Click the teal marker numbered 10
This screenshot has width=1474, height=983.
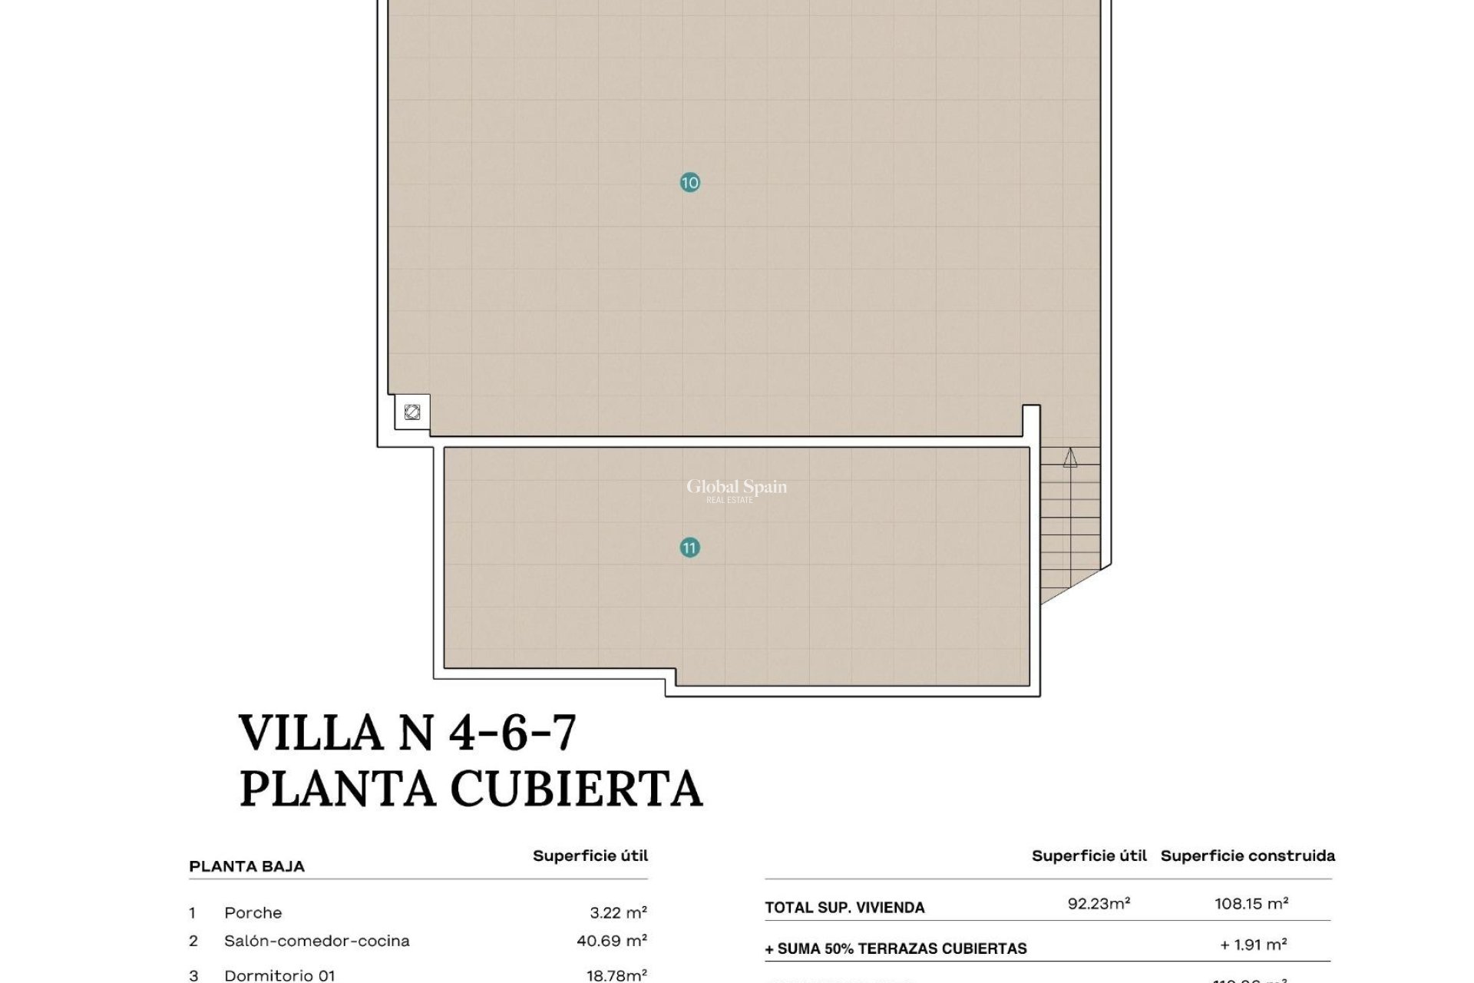689,183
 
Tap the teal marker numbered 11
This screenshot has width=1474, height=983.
689,548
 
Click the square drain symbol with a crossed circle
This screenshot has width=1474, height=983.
412,412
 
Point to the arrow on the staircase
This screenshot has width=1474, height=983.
1070,458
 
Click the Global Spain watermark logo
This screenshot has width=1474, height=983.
736,489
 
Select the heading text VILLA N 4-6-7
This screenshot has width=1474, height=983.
407,733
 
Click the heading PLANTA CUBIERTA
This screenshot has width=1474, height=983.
471,788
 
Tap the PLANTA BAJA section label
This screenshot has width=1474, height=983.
246,866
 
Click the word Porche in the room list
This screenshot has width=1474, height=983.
253,913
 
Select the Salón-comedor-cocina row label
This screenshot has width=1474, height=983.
316,941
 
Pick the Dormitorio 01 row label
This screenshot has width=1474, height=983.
279,975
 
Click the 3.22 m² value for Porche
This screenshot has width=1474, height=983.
618,913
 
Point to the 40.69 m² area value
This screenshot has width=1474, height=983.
611,941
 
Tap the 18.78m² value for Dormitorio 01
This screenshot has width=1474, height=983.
616,975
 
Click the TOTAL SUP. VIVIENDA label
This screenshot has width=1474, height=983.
844,908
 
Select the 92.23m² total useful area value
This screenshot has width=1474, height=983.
1099,904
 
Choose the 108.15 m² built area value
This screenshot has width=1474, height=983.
1251,904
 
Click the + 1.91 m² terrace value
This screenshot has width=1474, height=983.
1253,945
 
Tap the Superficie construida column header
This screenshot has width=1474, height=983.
1248,856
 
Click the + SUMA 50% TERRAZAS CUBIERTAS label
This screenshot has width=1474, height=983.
895,949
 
